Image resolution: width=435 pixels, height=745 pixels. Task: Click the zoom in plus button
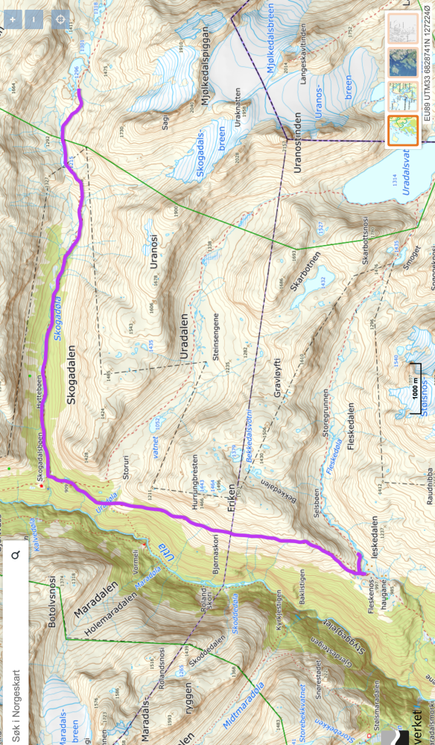[11, 20]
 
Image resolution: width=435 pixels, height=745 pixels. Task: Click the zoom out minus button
[34, 20]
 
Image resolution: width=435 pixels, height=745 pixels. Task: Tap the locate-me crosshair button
[60, 20]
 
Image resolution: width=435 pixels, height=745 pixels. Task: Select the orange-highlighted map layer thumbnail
[403, 130]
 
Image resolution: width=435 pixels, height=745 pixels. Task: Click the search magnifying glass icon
[14, 555]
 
